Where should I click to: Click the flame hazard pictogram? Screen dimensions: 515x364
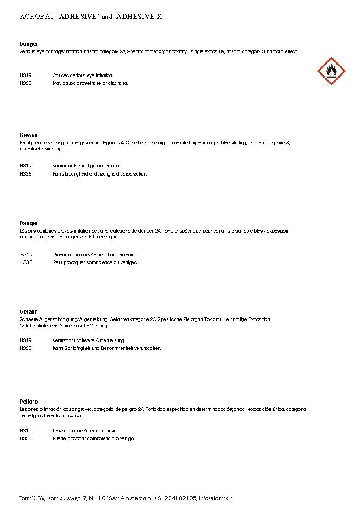(331, 71)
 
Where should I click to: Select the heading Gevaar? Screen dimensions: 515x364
(28, 136)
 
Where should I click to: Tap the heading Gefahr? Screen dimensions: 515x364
(28, 312)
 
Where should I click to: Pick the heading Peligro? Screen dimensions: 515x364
(28, 402)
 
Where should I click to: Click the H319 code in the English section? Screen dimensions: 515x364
(26, 75)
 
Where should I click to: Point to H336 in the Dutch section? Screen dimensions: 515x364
(26, 174)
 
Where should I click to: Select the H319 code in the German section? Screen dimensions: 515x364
(26, 340)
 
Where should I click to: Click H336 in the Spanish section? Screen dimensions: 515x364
(26, 439)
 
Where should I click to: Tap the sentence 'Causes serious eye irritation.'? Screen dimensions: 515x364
(83, 75)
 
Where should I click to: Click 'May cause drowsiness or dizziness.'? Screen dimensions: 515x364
(90, 83)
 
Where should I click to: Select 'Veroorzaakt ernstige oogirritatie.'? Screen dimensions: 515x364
(86, 166)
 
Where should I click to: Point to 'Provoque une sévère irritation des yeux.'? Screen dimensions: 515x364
(95, 255)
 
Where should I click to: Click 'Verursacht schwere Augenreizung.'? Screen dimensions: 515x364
(88, 340)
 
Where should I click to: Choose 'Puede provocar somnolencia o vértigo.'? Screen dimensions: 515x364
(94, 439)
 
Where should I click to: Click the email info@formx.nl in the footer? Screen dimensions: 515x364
(216, 498)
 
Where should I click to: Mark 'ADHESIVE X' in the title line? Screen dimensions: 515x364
(140, 17)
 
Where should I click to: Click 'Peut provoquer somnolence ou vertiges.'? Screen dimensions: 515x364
(95, 263)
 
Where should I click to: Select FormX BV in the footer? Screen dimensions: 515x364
(31, 498)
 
